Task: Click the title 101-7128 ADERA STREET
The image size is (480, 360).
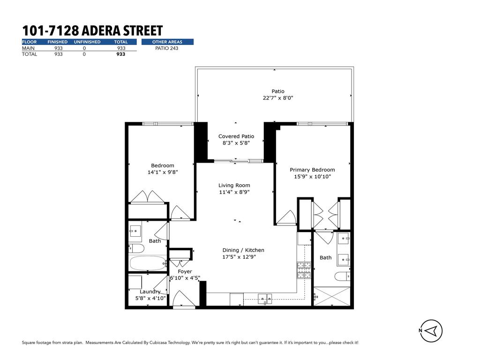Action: (x=92, y=31)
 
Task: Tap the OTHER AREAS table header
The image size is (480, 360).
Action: (x=167, y=42)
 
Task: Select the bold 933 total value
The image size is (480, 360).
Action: (x=121, y=54)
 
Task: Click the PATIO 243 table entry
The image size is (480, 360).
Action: (x=167, y=48)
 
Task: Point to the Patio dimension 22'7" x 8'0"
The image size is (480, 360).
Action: (x=278, y=98)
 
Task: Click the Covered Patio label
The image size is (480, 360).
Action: (x=236, y=136)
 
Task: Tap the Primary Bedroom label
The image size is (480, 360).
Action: (x=312, y=170)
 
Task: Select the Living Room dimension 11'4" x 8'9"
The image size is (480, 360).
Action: (x=234, y=192)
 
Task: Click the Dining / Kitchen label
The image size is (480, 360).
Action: (x=243, y=250)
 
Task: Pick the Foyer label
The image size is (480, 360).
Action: (x=185, y=271)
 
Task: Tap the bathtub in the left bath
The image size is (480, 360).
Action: (x=147, y=263)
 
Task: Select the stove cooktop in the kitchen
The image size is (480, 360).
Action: (x=303, y=270)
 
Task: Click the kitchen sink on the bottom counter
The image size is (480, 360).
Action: (x=265, y=299)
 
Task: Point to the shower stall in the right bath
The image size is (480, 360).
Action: (x=331, y=296)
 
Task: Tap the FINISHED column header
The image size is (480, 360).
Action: (x=58, y=42)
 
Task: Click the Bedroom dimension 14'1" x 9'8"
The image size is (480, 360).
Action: (x=163, y=172)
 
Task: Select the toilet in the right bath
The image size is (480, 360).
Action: (x=343, y=276)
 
